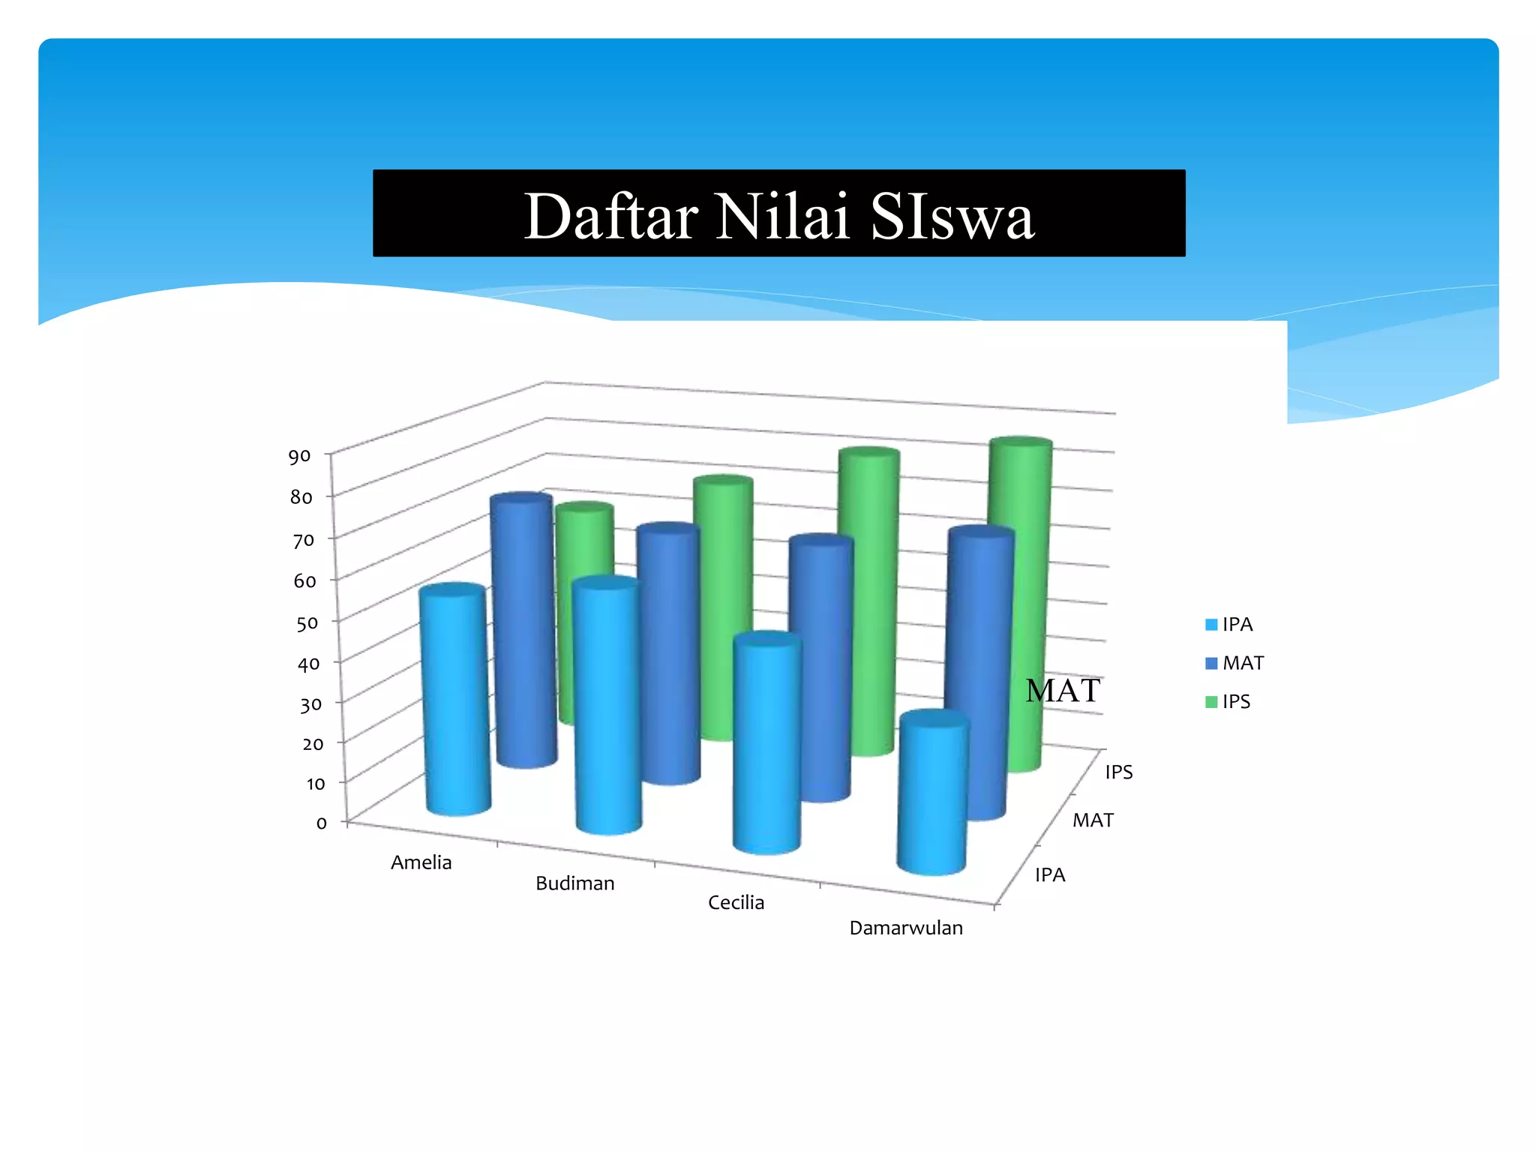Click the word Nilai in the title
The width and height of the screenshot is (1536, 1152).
(782, 217)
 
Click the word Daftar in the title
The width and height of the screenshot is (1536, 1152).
(611, 217)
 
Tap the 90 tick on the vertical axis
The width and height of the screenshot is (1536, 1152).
(299, 456)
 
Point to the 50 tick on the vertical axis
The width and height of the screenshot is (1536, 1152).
(307, 622)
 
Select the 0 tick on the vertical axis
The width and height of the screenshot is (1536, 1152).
(321, 823)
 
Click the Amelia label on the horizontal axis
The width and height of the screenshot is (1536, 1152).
(421, 862)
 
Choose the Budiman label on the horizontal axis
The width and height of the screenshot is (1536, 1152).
(574, 883)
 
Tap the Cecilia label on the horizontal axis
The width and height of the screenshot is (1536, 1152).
(736, 902)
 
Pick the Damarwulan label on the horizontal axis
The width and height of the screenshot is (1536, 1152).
(906, 928)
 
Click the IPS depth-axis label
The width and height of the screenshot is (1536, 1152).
(1118, 772)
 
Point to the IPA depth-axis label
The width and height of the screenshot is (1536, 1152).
(1050, 874)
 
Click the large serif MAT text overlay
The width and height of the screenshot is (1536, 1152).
(1063, 690)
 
